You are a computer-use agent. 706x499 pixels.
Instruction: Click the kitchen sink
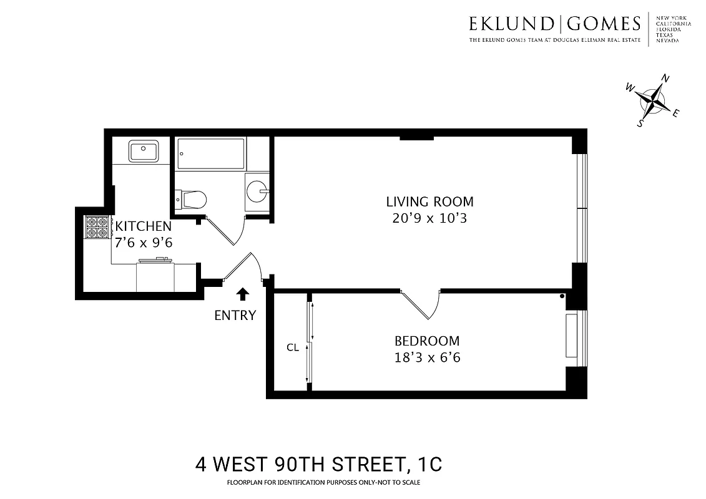coord(144,151)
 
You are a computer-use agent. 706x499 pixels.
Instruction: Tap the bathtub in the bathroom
coord(210,153)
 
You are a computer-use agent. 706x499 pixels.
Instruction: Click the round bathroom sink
coord(257,190)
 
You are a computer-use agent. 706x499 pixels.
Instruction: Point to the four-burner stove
coord(96,228)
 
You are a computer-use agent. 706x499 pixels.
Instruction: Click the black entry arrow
coord(242,294)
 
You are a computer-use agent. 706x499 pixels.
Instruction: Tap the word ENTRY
coord(235,315)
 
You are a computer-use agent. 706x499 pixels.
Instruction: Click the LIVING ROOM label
coord(429,201)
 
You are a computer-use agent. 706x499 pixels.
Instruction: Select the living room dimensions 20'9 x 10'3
coord(429,218)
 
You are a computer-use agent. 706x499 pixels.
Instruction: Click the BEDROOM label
coord(427,341)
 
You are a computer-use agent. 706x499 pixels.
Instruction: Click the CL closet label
coord(293,348)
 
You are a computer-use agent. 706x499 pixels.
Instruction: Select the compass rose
coord(653,100)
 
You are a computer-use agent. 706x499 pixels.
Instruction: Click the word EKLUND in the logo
coord(511,24)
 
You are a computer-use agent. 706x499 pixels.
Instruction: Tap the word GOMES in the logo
coord(604,24)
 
